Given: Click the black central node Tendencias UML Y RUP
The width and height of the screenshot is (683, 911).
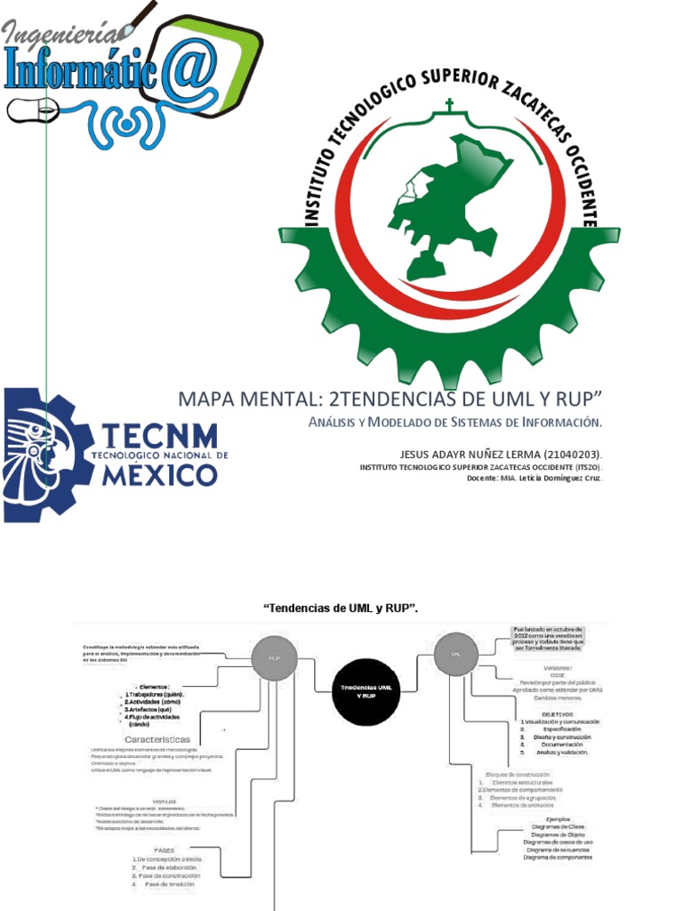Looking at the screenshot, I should [x=361, y=692].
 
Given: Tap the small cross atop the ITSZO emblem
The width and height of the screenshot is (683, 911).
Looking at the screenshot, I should [x=449, y=106].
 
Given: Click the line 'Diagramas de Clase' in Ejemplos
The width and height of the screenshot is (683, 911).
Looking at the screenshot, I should [x=556, y=826].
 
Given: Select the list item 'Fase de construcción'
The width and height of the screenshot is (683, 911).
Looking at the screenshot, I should [x=169, y=875].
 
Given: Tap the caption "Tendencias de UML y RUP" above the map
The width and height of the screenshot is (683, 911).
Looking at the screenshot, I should [x=341, y=609].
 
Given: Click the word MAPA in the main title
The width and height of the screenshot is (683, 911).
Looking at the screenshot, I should [x=204, y=397].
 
